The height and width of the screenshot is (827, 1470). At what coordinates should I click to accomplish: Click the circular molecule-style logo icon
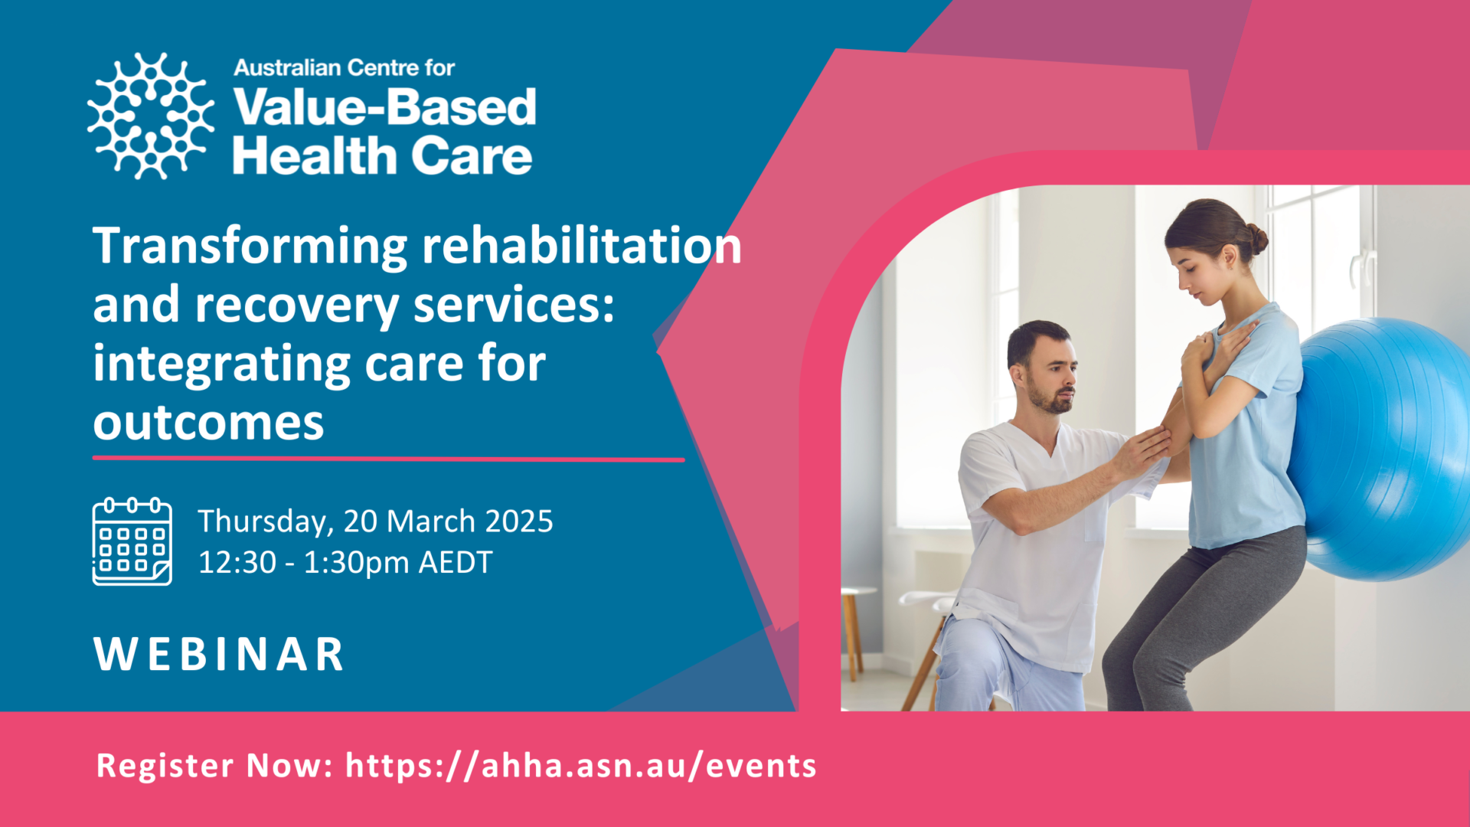151,116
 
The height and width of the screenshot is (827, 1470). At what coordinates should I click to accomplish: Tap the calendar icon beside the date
132,541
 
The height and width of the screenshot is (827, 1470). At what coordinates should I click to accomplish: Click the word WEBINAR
219,655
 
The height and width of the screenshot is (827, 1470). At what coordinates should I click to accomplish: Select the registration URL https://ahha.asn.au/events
581,766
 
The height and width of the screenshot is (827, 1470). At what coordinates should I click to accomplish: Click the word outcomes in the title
209,423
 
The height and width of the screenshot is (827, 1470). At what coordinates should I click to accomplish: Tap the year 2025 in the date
519,521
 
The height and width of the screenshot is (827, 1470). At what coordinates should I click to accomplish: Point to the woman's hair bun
1256,238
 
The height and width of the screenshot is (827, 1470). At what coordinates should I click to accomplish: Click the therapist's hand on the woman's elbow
1144,453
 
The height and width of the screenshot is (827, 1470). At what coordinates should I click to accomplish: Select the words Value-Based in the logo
385,106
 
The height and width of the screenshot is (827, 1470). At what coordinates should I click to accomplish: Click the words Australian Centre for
345,68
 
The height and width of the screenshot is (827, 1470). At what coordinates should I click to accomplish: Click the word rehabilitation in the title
582,247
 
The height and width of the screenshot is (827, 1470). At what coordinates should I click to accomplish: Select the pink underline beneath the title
389,459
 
